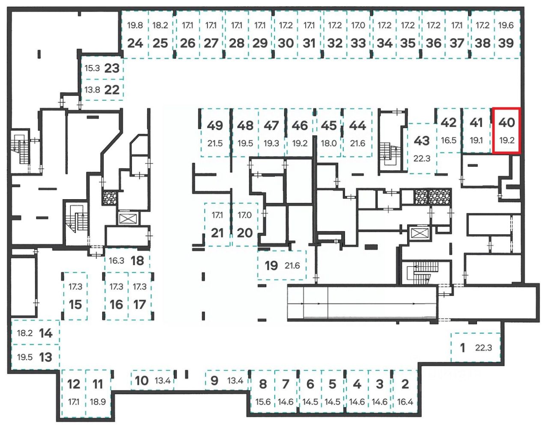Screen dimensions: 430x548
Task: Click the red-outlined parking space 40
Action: pos(506,131)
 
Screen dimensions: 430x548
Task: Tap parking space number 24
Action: pos(135,43)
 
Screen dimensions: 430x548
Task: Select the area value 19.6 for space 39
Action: pos(506,25)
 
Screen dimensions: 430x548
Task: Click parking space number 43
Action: pos(422,140)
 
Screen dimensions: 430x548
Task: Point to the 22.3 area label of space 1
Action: pos(483,348)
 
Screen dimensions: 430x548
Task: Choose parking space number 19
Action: pos(271,266)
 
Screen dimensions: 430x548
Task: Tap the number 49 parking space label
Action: pos(215,125)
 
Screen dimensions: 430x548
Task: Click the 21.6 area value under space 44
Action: pos(357,143)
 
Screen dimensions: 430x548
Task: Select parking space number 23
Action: pos(112,68)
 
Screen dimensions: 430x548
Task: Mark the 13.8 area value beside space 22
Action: pos(92,90)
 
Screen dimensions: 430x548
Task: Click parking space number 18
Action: pos(137,260)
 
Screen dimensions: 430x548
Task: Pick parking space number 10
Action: pos(142,380)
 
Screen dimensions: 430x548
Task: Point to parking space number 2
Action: pos(405,384)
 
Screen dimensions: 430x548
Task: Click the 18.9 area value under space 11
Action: pos(98,402)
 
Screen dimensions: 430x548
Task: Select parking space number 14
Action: pos(46,333)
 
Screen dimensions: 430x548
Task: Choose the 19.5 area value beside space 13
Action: pos(25,357)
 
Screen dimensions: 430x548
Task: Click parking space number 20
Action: pos(245,233)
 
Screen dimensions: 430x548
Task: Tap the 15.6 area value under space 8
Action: pos(263,402)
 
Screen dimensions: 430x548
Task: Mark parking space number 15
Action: pos(75,305)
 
